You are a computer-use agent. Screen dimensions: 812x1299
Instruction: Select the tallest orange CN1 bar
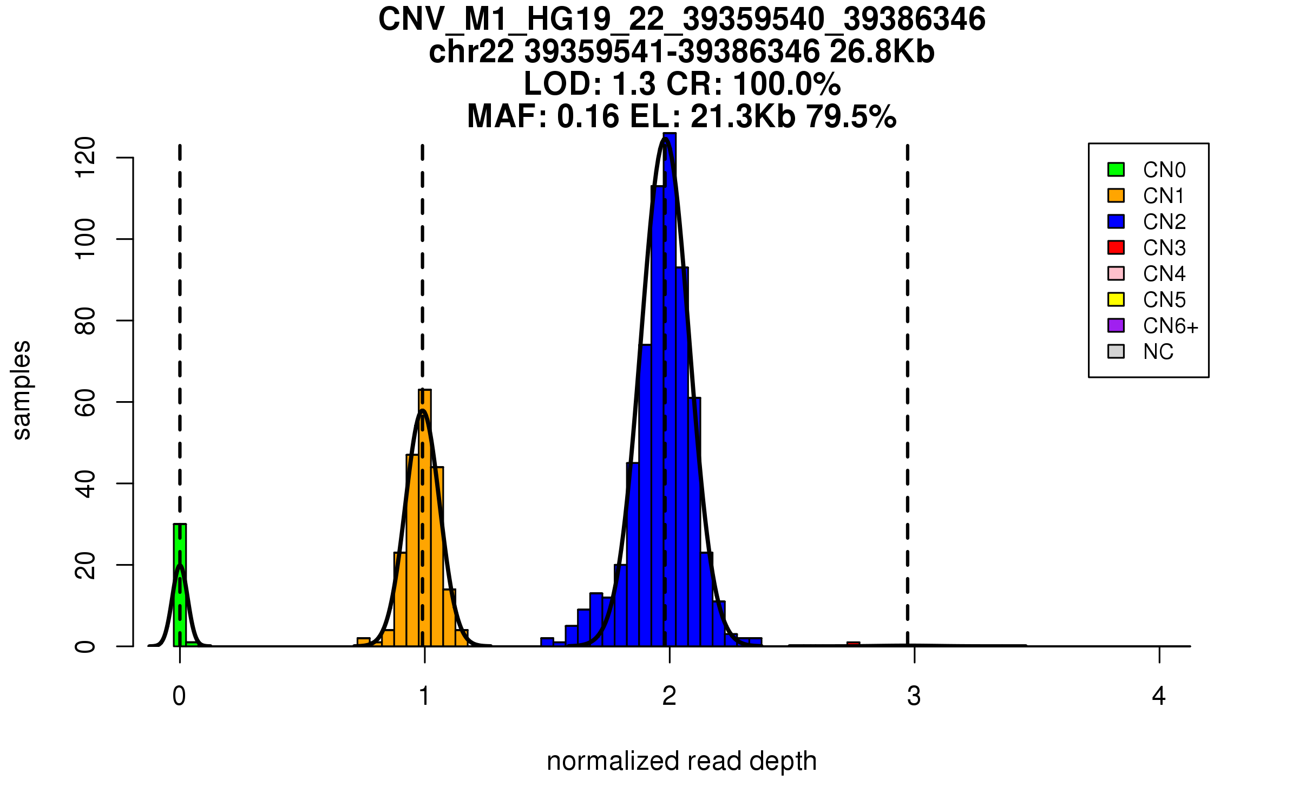point(425,520)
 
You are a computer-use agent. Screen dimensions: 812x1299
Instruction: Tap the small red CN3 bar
point(854,644)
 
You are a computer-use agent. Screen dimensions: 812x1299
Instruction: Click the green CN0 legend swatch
point(1116,169)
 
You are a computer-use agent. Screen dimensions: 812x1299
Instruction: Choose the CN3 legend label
point(1164,248)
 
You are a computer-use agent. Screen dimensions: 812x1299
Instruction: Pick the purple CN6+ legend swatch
point(1116,325)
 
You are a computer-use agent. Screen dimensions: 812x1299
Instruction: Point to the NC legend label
point(1158,352)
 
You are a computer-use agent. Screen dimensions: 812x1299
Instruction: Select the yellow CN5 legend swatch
point(1116,299)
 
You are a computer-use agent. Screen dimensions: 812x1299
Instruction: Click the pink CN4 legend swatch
point(1116,273)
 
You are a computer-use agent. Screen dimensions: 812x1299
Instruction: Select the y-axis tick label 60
point(86,402)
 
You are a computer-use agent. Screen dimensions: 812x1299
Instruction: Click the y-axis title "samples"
point(22,390)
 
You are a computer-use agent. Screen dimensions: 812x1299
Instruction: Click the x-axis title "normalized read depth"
point(681,761)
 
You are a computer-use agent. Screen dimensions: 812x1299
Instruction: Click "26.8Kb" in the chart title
point(882,52)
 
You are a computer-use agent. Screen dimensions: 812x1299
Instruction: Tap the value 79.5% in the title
point(851,117)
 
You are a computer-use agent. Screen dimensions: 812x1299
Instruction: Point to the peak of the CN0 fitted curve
point(180,566)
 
